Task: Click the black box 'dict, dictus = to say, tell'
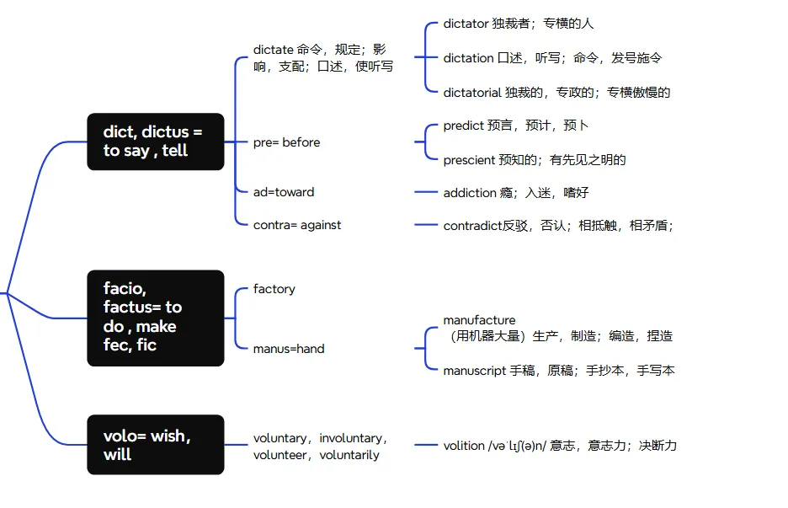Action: point(156,142)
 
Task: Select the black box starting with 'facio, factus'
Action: point(156,318)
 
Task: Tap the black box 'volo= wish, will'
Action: point(156,445)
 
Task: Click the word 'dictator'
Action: point(466,24)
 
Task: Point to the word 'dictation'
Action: point(468,58)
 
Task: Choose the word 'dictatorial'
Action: point(471,93)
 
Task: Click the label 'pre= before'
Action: point(286,142)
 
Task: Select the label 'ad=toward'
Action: point(284,192)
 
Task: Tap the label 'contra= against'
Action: point(297,225)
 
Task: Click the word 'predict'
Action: point(463,126)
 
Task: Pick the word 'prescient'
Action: point(468,159)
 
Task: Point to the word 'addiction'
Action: point(470,193)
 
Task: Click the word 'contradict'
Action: point(472,225)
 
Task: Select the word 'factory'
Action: point(274,289)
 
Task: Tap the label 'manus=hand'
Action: point(289,349)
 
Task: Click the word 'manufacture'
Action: point(479,320)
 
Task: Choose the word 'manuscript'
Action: point(474,371)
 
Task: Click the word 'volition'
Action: point(464,446)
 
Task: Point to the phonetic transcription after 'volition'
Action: point(517,446)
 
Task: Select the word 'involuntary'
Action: point(352,438)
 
